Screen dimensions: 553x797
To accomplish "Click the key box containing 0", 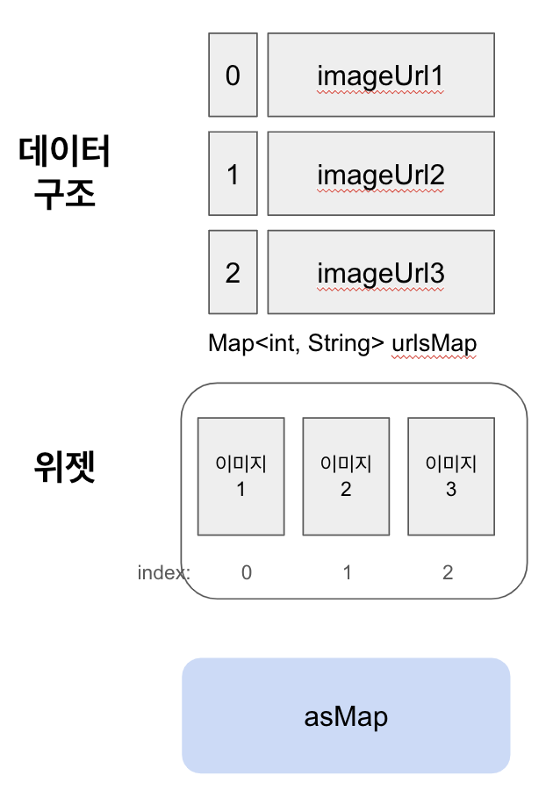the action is click(233, 75).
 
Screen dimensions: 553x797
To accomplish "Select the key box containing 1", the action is click(233, 174).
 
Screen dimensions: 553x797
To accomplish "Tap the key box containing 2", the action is click(233, 272).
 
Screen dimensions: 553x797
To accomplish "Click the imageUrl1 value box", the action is click(380, 75).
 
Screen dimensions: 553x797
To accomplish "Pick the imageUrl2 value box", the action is click(380, 174).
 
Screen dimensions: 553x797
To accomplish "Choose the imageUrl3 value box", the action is click(380, 272).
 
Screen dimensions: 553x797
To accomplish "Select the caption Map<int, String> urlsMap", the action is click(342, 342).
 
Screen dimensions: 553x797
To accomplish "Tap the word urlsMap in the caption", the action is click(434, 342).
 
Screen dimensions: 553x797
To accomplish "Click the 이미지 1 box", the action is click(241, 477).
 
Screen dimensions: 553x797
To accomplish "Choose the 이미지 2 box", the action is click(346, 477).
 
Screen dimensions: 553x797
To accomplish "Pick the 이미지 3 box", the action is click(451, 477).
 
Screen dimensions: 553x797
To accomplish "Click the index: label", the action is click(164, 573).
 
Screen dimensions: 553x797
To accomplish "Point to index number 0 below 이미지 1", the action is click(247, 573).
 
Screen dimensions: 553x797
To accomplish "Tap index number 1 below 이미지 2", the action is click(348, 573).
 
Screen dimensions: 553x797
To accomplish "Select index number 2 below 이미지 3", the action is click(448, 573).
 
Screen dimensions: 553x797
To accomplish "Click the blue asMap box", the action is click(346, 716).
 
